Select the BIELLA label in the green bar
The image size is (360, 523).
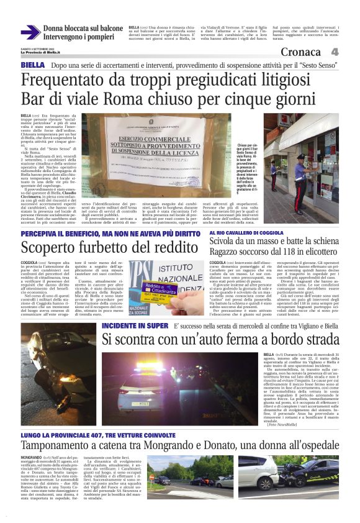point(32,65)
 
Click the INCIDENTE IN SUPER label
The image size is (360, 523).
point(135,325)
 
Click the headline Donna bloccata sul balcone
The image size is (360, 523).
point(83,29)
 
